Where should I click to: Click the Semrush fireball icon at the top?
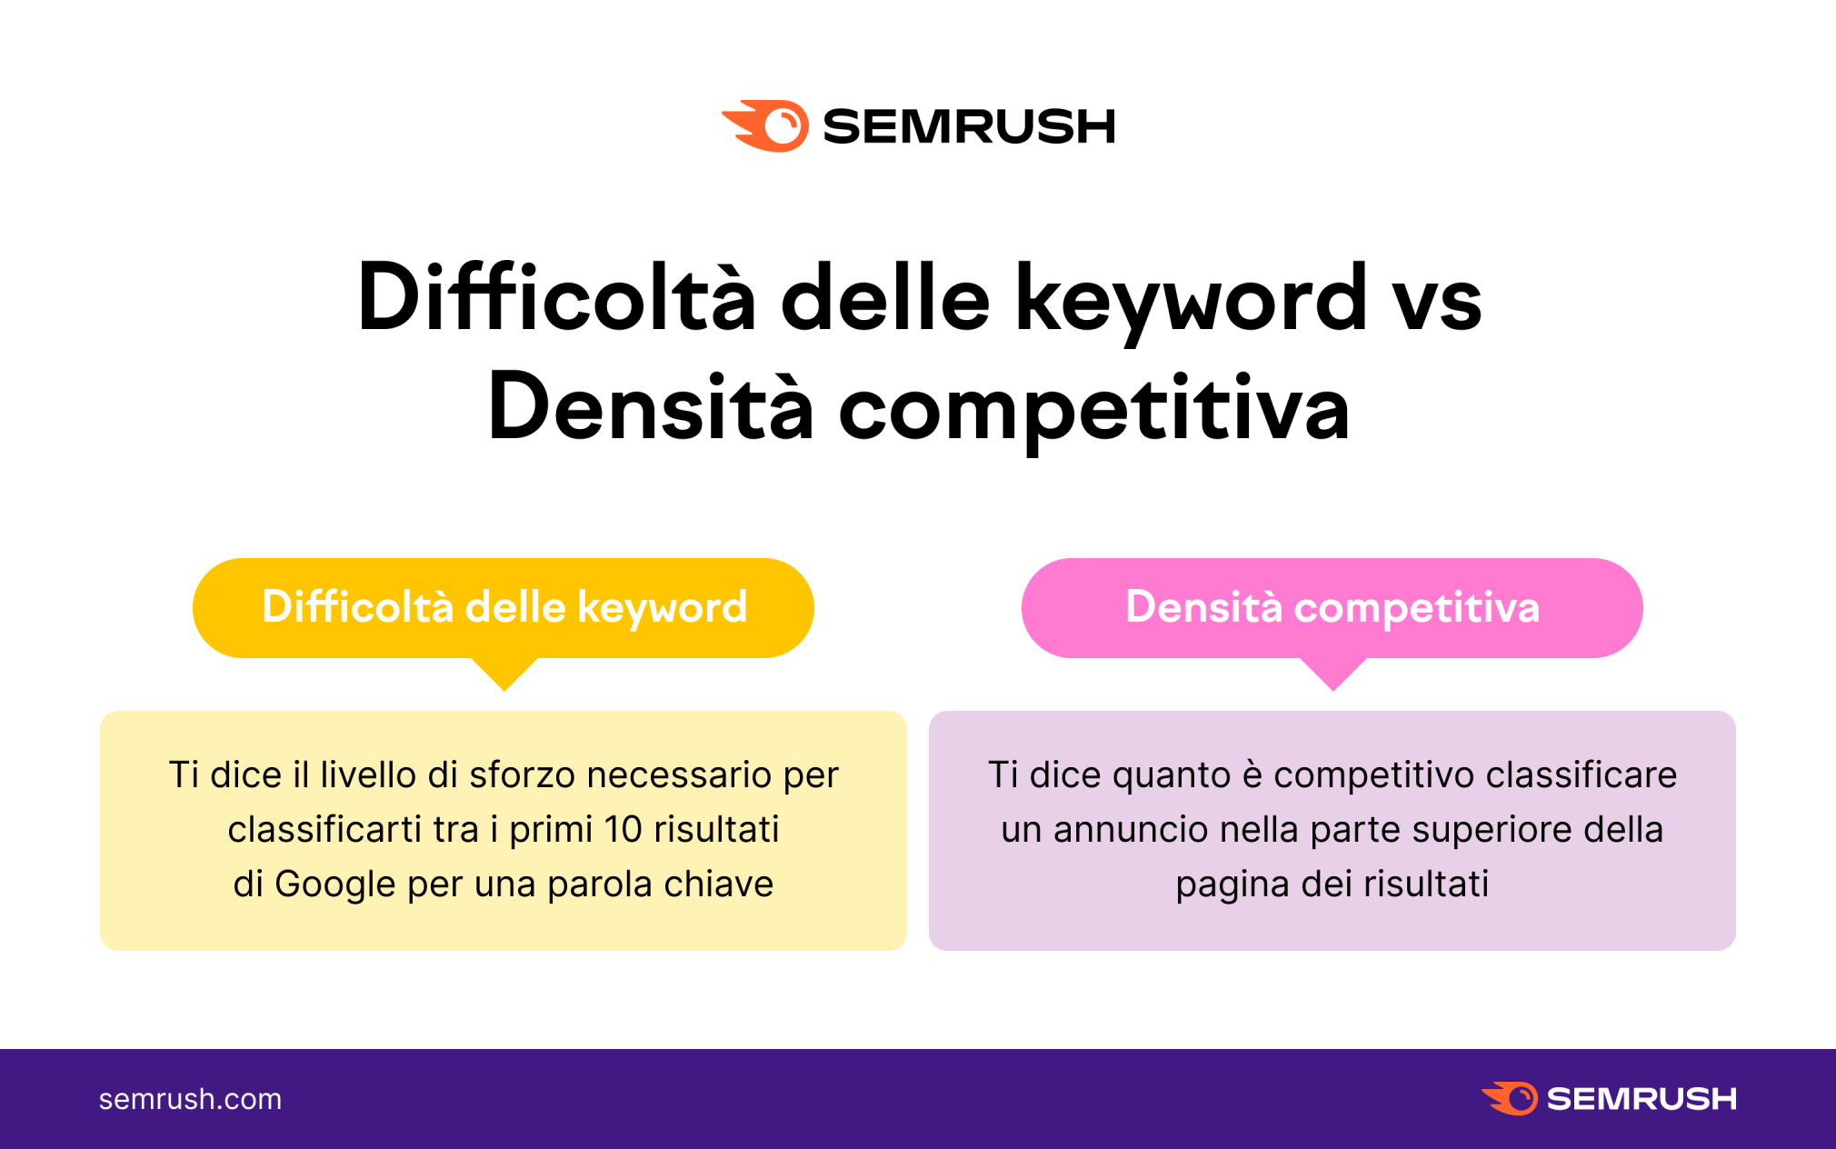(x=766, y=125)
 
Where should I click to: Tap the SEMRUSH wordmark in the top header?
(x=969, y=126)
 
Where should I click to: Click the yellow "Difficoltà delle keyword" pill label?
(x=504, y=607)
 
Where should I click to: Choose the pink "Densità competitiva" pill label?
(x=1332, y=607)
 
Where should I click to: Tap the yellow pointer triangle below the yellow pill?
(x=504, y=673)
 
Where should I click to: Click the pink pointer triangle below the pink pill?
(x=1333, y=673)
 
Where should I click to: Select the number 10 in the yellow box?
(x=624, y=829)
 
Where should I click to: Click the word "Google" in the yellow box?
(x=335, y=884)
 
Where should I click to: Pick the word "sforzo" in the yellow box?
(x=523, y=775)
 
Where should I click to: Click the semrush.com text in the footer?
(x=190, y=1099)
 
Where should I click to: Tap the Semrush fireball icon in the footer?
(x=1510, y=1098)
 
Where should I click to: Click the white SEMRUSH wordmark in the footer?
(x=1641, y=1099)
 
